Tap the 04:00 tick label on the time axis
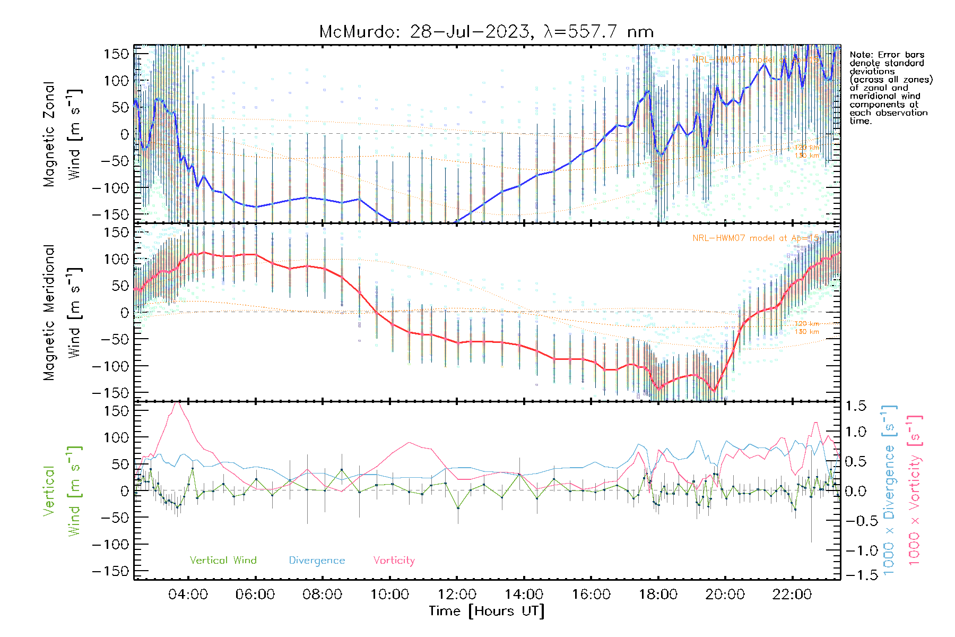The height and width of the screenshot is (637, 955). (188, 595)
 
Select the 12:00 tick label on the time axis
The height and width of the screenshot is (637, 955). (457, 595)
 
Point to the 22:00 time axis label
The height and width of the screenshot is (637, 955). (792, 595)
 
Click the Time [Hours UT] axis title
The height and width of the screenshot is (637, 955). (487, 612)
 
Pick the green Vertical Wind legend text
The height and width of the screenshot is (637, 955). (223, 561)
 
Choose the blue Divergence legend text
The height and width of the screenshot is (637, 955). (317, 561)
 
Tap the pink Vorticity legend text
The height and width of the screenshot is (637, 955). (394, 561)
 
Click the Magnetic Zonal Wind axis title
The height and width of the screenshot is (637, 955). (62, 134)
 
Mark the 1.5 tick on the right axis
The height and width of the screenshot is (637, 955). (855, 406)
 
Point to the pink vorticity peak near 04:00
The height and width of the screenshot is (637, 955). (178, 403)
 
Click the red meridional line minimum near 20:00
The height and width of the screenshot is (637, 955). (714, 391)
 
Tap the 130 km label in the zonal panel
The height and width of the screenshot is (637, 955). (806, 156)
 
